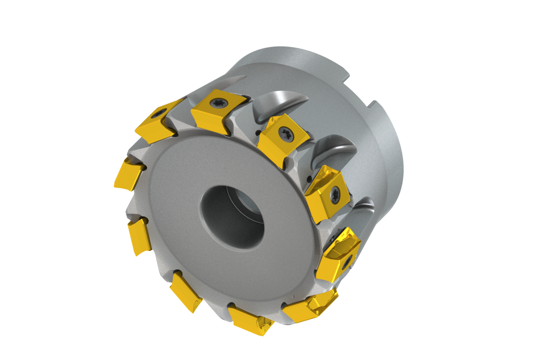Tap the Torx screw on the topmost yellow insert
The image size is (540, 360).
[x=218, y=103]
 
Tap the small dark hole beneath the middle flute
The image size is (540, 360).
[x=309, y=179]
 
